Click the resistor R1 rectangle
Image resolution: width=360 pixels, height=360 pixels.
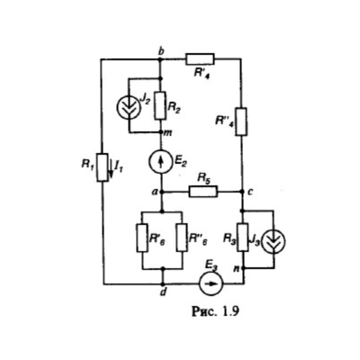[103, 167]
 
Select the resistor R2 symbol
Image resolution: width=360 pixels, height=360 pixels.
[160, 105]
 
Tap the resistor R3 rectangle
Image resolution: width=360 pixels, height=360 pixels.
[243, 237]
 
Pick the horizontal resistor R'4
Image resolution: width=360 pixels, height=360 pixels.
[200, 59]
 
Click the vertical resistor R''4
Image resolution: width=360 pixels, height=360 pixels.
[242, 121]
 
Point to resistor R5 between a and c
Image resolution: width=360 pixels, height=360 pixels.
[203, 192]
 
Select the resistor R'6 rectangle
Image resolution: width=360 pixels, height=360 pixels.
[142, 238]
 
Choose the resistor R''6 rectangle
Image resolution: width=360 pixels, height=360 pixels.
[183, 238]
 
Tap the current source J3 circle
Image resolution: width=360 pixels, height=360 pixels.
[274, 241]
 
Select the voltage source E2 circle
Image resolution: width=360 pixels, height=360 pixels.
[161, 162]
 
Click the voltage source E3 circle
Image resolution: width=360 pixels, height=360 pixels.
[211, 283]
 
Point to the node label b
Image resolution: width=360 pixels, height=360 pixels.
[161, 51]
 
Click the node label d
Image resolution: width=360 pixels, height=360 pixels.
[163, 292]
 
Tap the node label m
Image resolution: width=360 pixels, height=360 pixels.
[167, 133]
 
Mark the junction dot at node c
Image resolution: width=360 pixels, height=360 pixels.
[242, 192]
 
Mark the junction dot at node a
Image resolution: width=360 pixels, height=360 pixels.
[162, 192]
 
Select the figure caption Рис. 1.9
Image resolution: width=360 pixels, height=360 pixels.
[215, 311]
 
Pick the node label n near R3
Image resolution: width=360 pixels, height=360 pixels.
[237, 268]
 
